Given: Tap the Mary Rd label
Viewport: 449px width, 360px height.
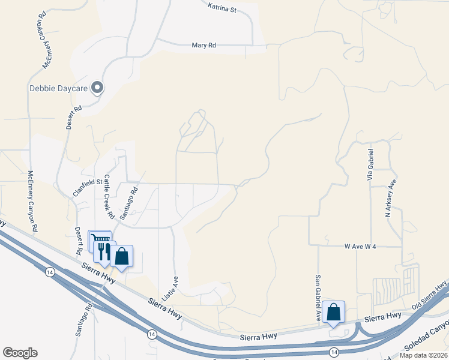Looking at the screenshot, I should pos(203,45).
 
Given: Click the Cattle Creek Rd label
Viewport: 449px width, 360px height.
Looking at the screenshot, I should pos(109,196).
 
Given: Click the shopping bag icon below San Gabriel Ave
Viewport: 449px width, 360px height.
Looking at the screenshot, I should pos(333,312).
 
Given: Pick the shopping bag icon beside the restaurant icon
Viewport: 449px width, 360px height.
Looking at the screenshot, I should pos(121,256).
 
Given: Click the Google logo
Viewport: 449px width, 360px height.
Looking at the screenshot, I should pos(20,353).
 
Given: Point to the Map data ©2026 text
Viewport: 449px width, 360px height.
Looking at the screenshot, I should pos(423,355).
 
